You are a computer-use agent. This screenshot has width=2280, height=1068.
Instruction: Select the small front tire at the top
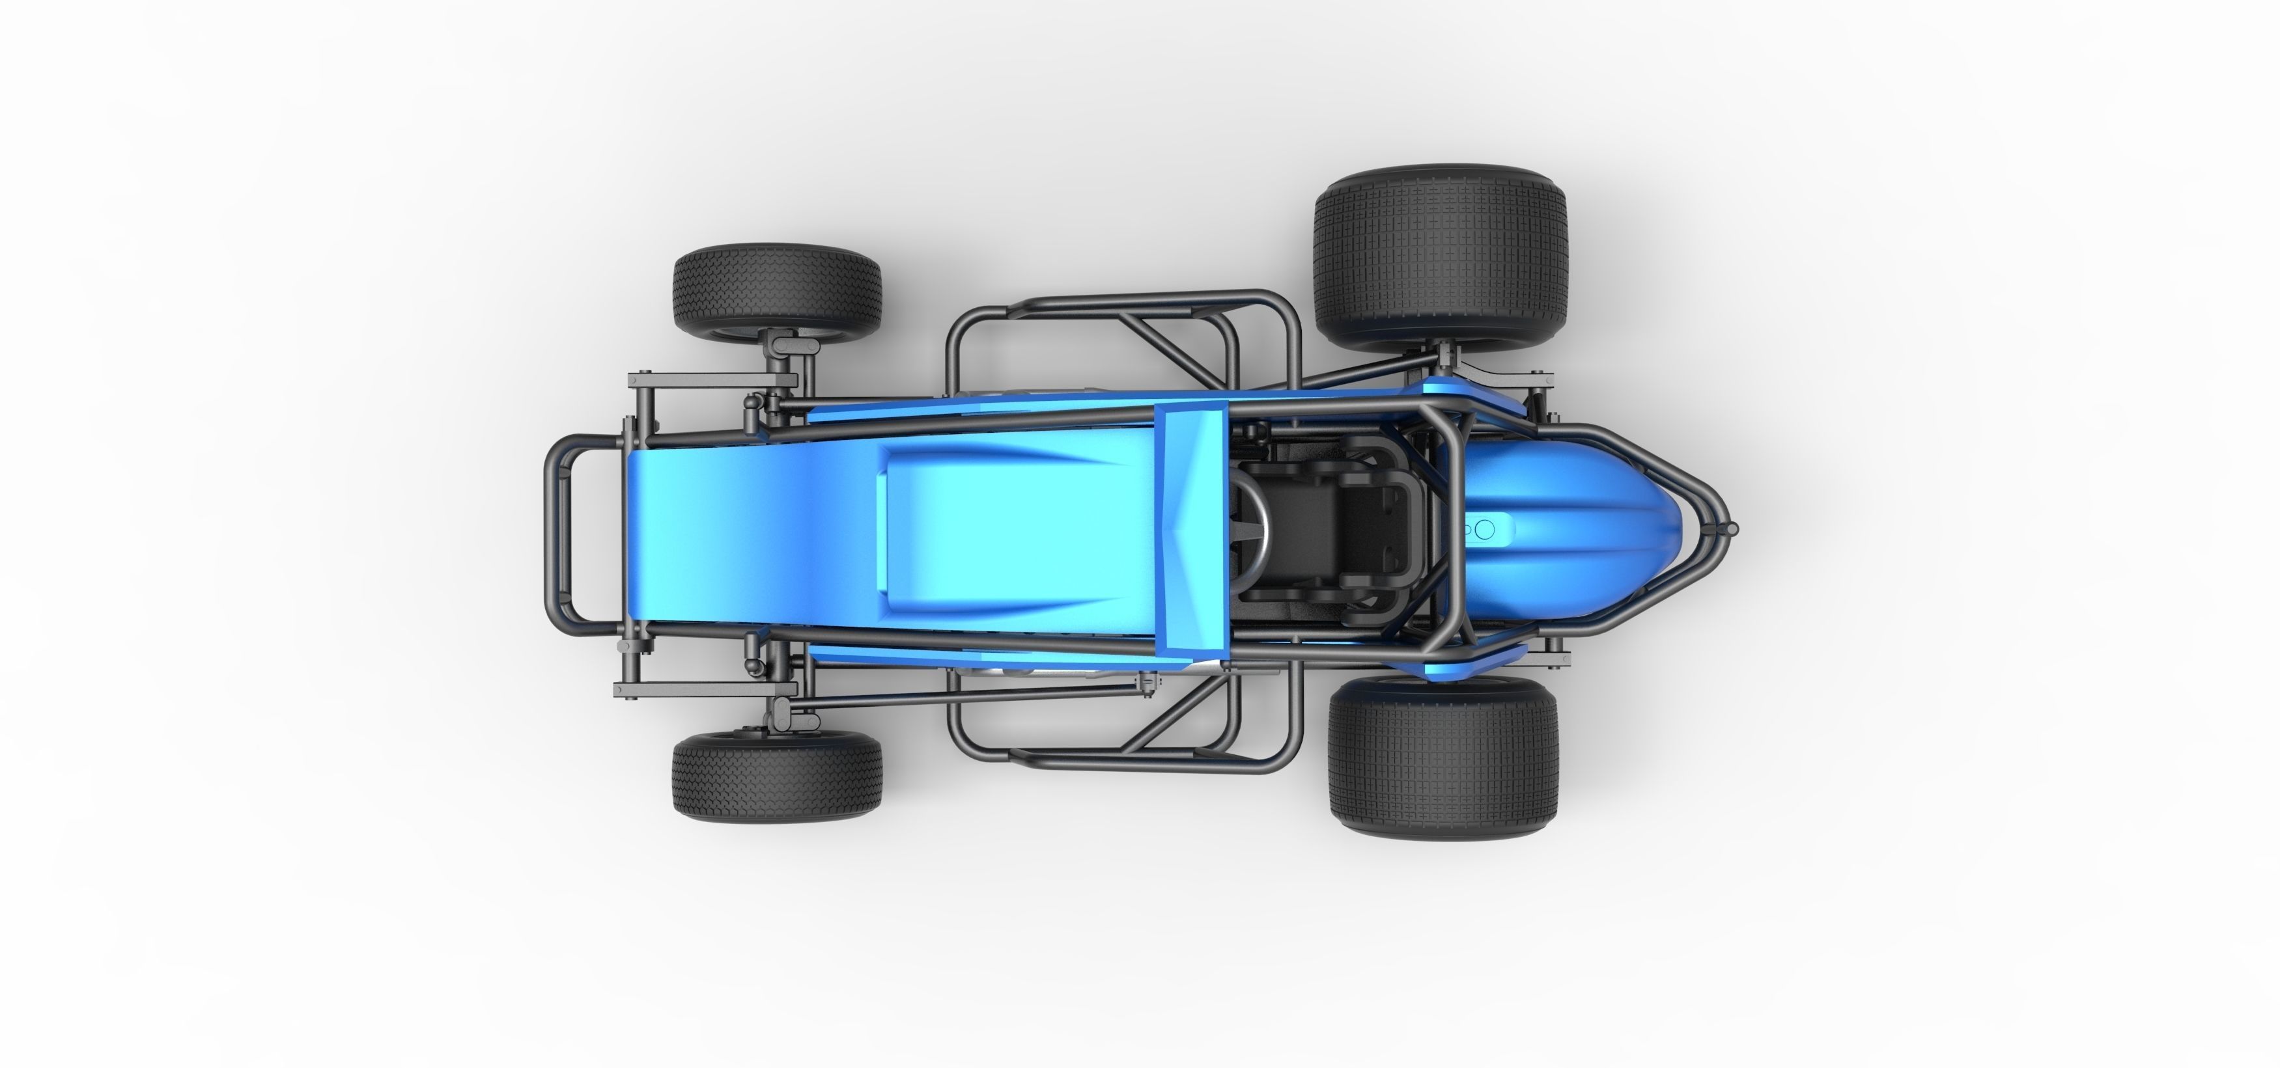click(x=776, y=290)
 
